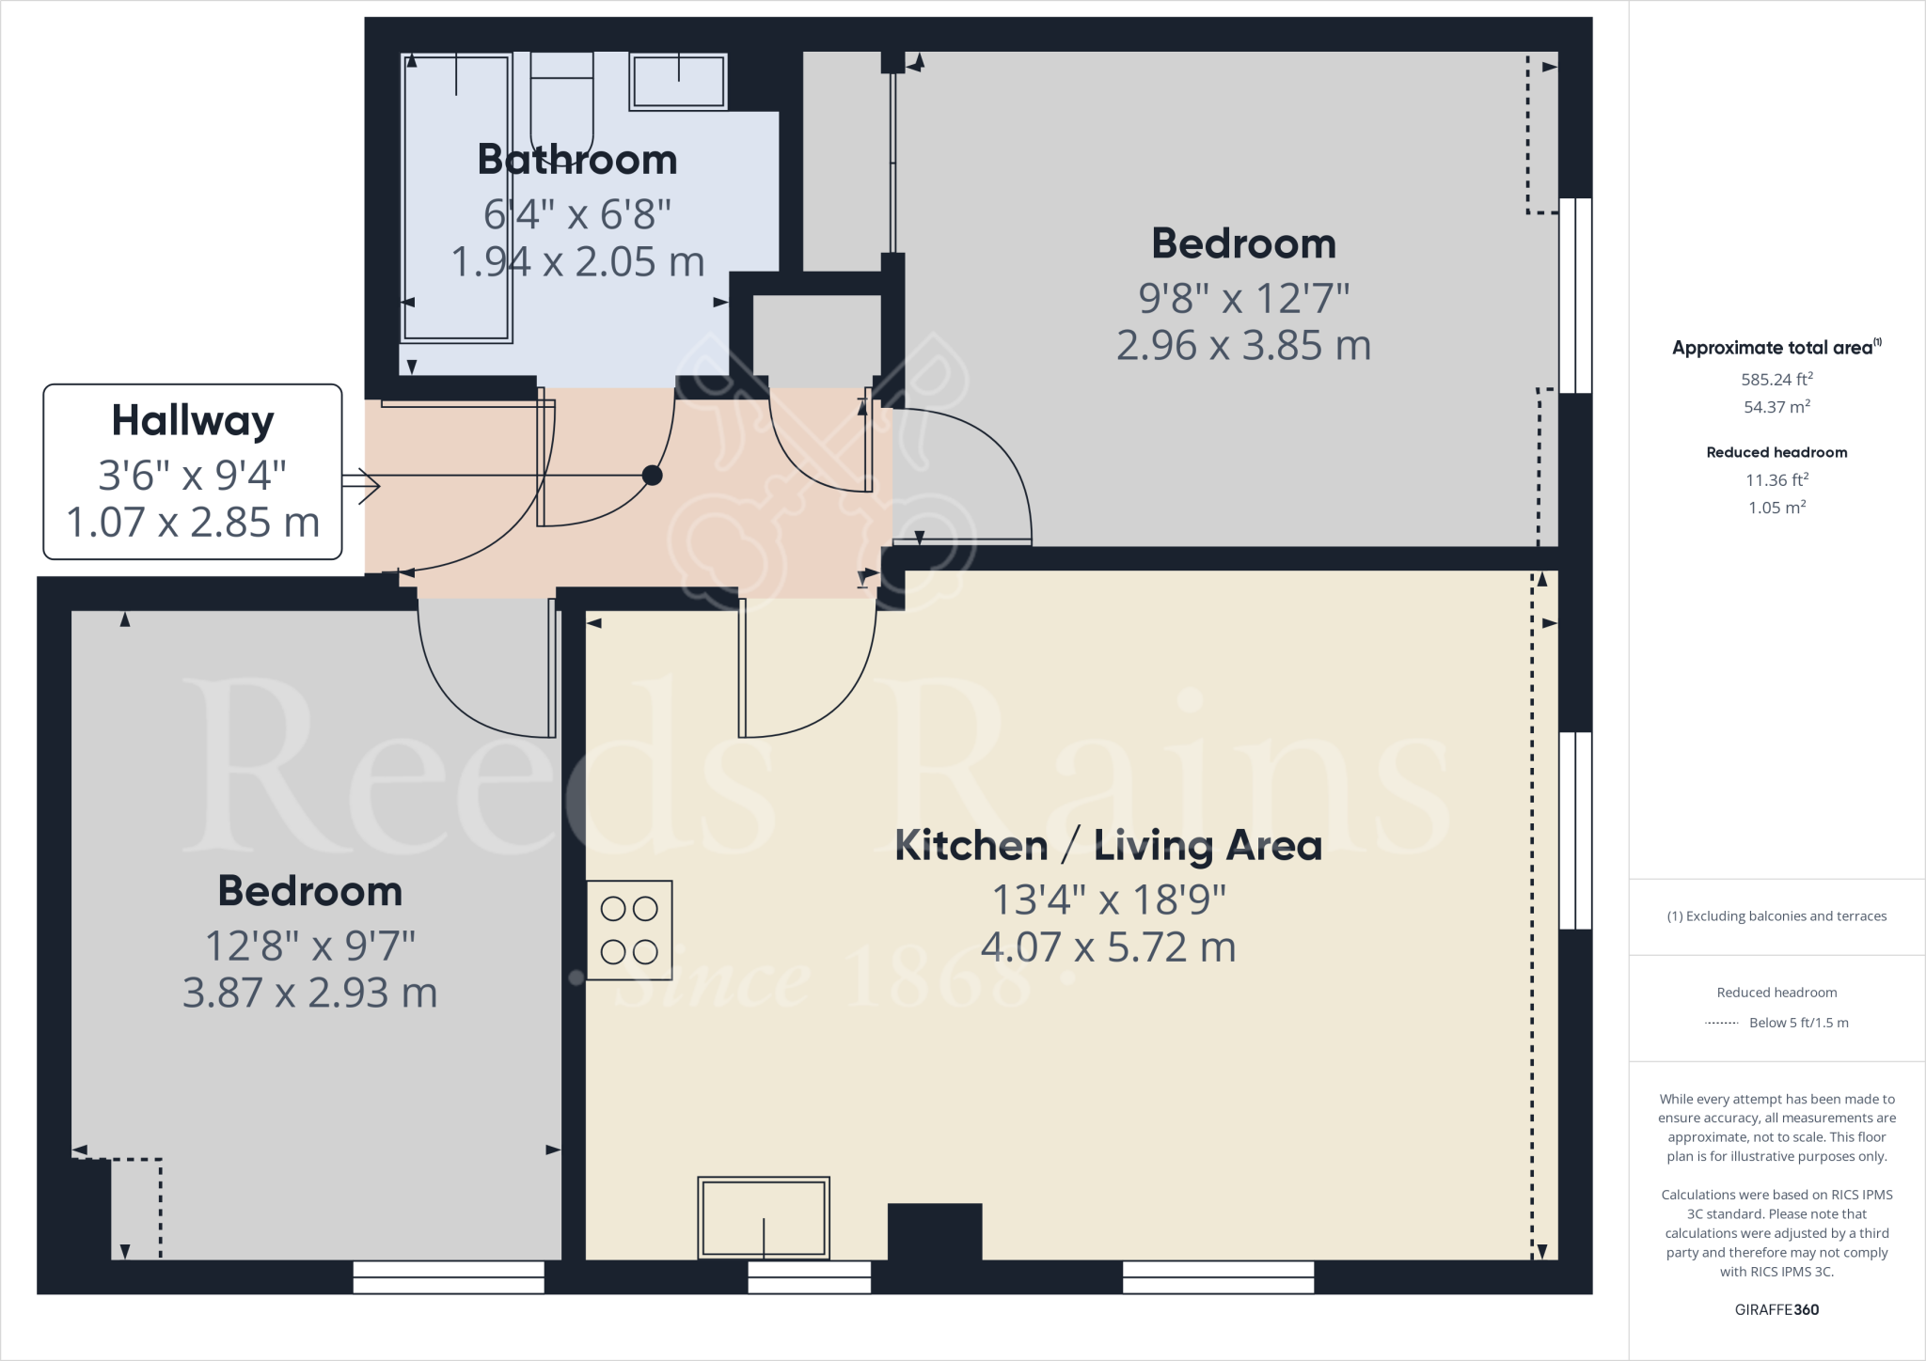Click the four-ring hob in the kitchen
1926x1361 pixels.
(629, 931)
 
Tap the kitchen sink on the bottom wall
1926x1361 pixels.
(764, 1217)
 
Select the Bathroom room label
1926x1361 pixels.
(577, 160)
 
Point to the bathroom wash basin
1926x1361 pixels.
(678, 81)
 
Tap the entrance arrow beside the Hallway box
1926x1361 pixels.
(360, 485)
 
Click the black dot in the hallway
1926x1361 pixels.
(652, 476)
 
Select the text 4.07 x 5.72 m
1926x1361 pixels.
(1108, 946)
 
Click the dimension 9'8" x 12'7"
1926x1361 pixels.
(1243, 299)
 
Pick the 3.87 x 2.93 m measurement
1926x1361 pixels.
(309, 993)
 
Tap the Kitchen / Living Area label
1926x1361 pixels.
(1108, 846)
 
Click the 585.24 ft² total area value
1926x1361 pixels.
(1776, 380)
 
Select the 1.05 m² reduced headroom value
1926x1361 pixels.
(1776, 508)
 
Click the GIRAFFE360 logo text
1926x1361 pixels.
(1776, 1309)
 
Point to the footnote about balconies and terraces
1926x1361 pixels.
(1776, 916)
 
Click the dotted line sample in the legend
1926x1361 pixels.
(1722, 1023)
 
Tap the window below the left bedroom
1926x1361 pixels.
(449, 1276)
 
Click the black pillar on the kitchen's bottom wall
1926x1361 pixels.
(935, 1231)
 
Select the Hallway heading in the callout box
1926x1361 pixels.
(193, 420)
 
